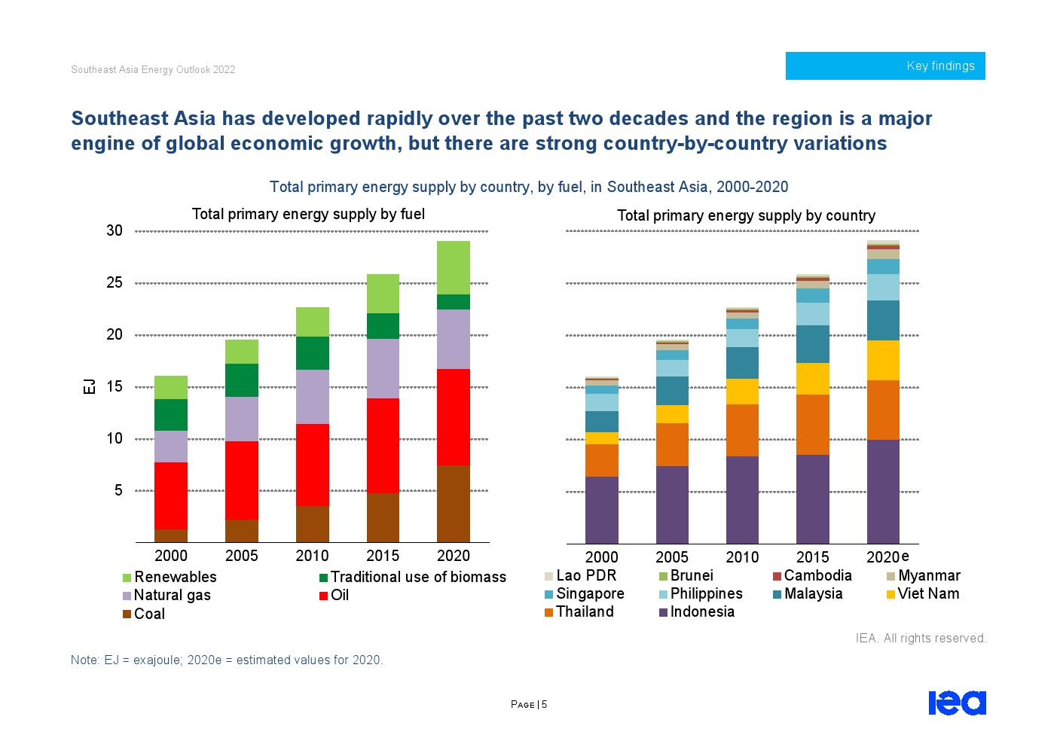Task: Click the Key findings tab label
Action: click(940, 66)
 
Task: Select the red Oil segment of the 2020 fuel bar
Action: click(454, 417)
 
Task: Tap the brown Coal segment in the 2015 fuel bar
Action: click(383, 517)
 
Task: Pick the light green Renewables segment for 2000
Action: click(171, 387)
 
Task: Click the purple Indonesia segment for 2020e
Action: click(883, 491)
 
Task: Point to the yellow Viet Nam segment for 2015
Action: click(813, 379)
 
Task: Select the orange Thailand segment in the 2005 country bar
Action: click(672, 444)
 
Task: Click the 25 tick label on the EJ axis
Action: click(115, 282)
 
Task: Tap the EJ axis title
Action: click(90, 386)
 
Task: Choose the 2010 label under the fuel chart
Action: click(312, 556)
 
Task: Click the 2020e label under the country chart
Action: click(887, 557)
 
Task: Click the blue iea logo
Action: click(957, 703)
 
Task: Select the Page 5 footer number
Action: click(529, 705)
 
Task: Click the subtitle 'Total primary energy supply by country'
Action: click(746, 216)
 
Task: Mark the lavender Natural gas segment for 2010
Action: click(312, 397)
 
